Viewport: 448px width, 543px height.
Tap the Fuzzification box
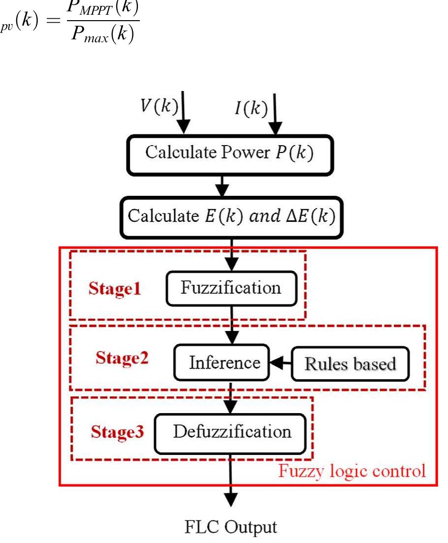231,287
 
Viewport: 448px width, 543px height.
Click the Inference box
224,363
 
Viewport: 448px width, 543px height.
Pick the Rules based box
350,364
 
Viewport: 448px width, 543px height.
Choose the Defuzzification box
231,433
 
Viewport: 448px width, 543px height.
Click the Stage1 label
115,289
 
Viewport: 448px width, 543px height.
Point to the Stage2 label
122,358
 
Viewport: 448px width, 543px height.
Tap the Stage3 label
117,433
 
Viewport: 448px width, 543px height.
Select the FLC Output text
231,527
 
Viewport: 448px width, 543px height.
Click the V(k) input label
158,108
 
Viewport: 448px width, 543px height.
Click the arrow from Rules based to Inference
280,363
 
